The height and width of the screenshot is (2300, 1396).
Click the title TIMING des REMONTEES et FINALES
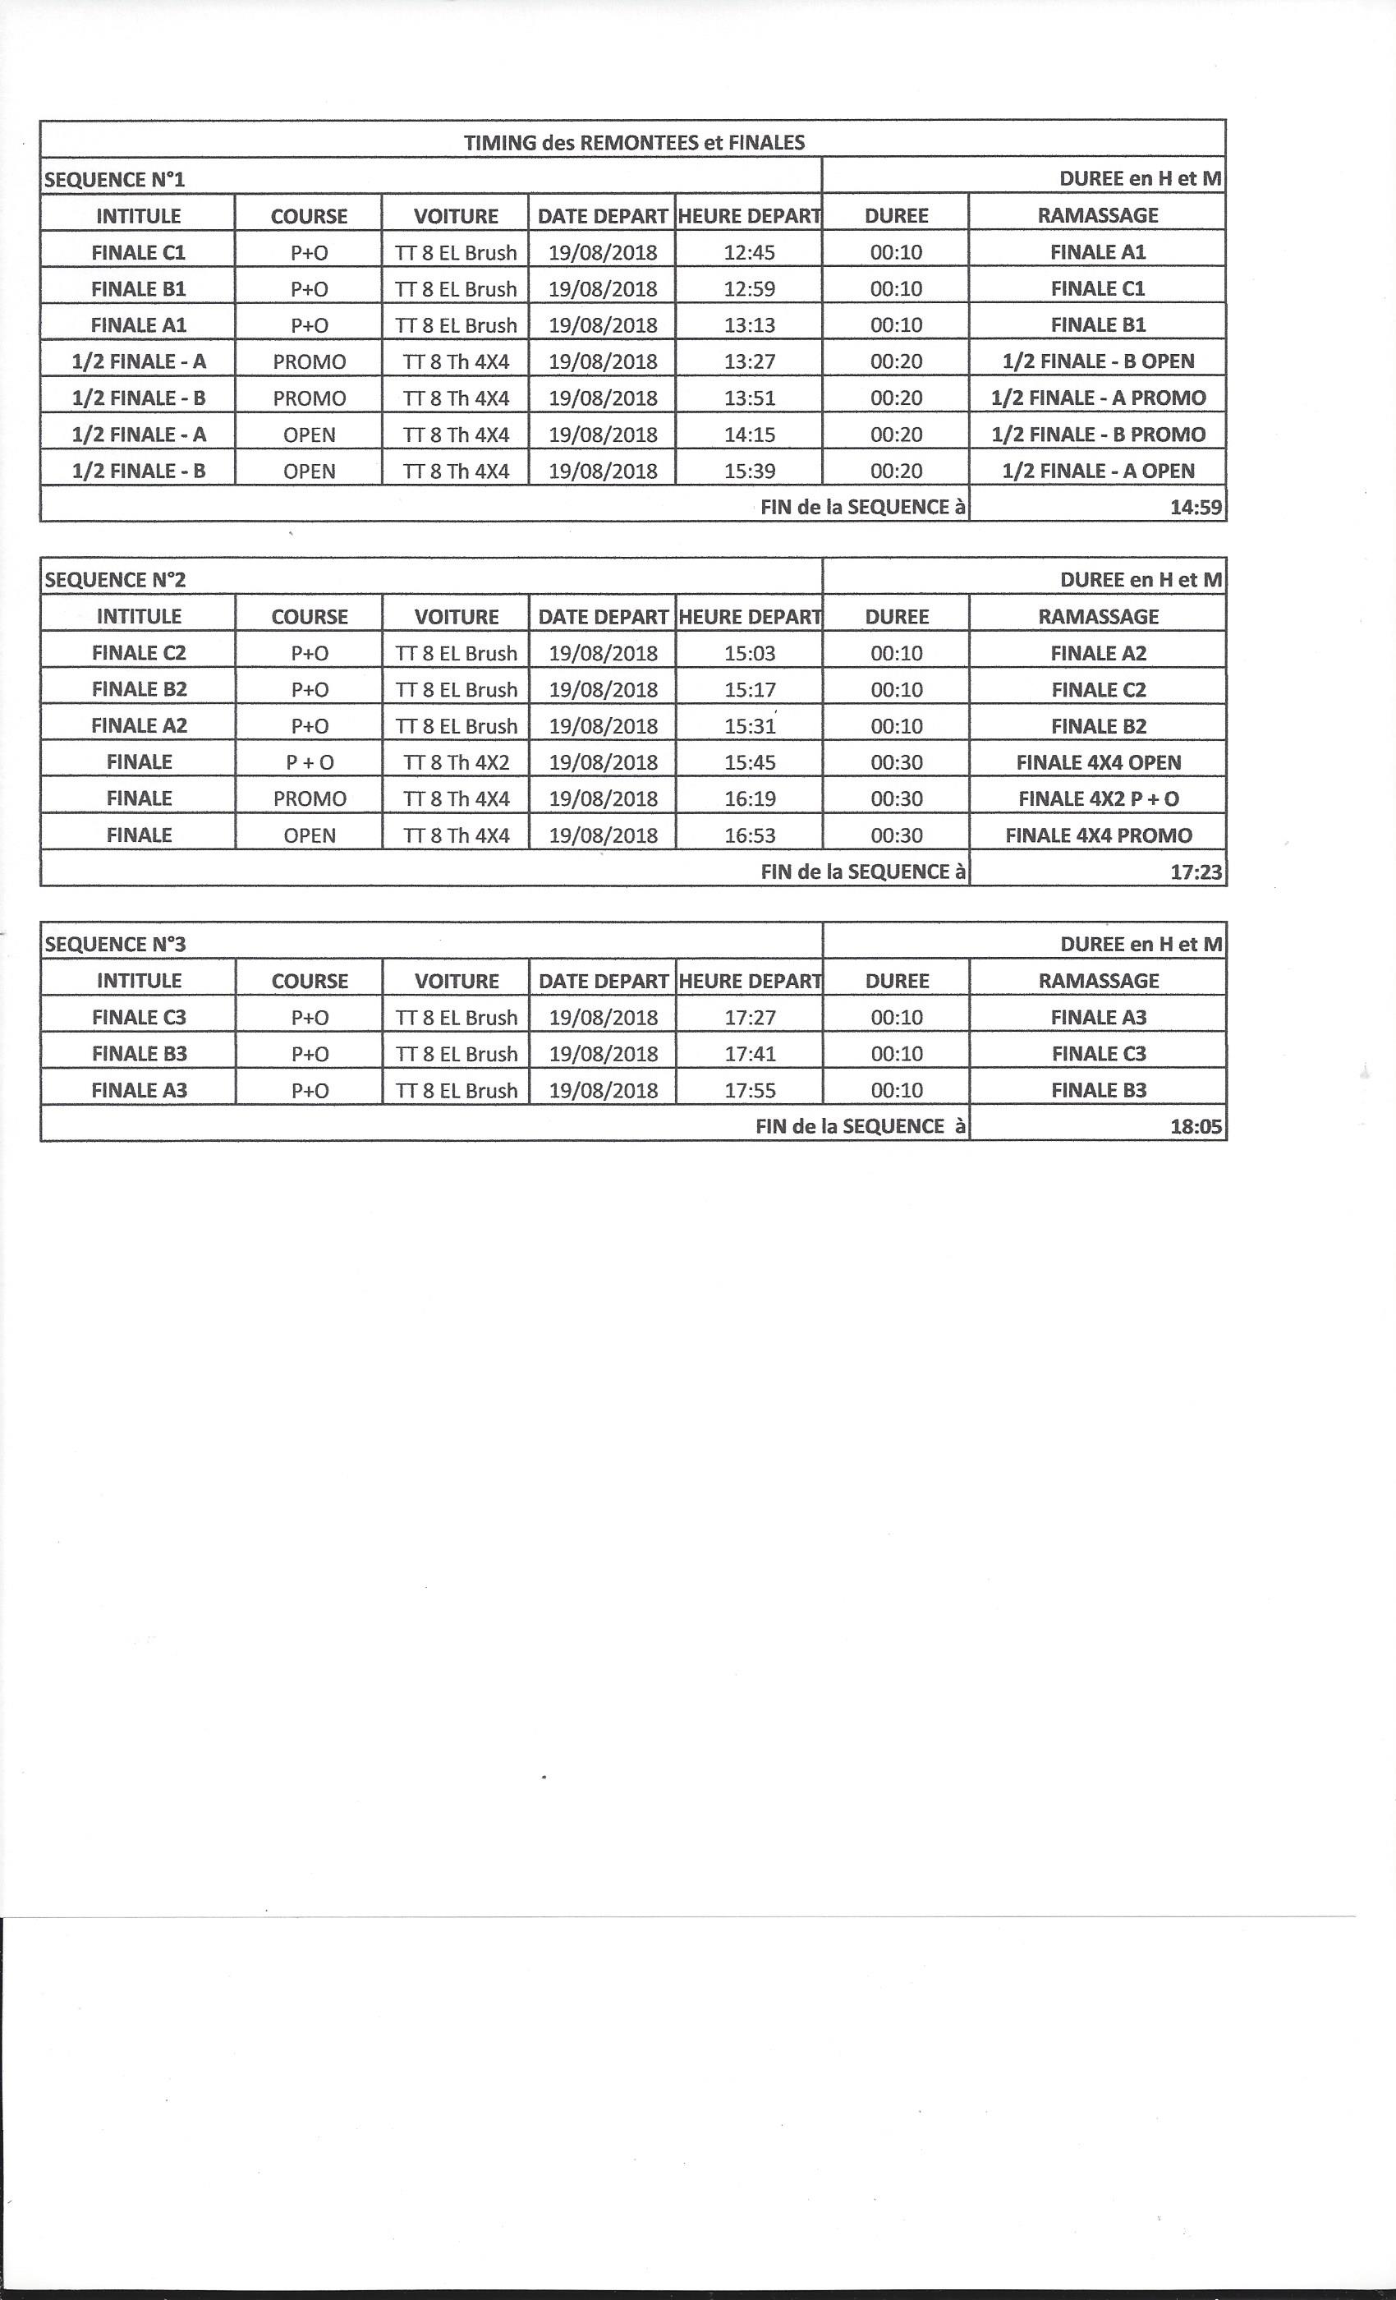coord(634,143)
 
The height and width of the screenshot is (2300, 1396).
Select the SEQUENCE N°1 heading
coord(115,179)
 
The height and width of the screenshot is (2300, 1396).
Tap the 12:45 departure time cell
coord(749,253)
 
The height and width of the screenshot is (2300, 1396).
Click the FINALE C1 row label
coord(138,253)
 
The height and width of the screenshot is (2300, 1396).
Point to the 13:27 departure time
coord(749,362)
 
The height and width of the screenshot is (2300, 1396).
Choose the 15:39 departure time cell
coord(749,471)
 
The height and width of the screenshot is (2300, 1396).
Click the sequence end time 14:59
coord(1196,508)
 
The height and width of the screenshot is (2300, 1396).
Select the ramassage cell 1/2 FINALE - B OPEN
coord(1097,362)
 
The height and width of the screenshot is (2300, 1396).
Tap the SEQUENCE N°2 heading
coord(116,580)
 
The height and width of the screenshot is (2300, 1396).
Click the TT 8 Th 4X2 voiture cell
coord(457,762)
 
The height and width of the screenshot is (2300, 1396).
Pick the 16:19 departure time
coord(749,799)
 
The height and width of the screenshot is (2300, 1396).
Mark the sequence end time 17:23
coord(1196,872)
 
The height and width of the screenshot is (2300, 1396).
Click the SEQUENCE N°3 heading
coord(116,945)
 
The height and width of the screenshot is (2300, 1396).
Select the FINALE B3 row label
coord(139,1054)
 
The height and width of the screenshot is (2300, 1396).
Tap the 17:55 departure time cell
coord(749,1090)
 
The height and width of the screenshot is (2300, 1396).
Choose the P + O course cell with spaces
coord(310,762)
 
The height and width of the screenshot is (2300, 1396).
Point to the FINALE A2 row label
coord(139,726)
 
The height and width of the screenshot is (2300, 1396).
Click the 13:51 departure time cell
coord(749,398)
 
